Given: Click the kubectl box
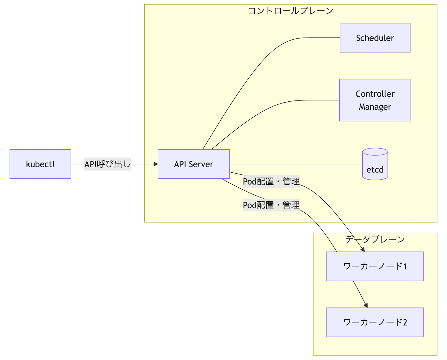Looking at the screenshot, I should pyautogui.click(x=40, y=164).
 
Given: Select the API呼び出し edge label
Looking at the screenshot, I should pyautogui.click(x=108, y=164).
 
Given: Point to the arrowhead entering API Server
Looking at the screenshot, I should pyautogui.click(x=156, y=164).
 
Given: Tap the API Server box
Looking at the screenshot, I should pyautogui.click(x=194, y=164).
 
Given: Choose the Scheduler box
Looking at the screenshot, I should pyautogui.click(x=375, y=38).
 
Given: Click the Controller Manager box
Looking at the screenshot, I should pyautogui.click(x=375, y=100).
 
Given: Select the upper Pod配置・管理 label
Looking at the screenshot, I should pyautogui.click(x=271, y=181).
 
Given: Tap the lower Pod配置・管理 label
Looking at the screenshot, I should pyautogui.click(x=271, y=205).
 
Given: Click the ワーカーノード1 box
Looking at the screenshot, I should pyautogui.click(x=375, y=266).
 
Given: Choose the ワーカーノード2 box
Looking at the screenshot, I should pyautogui.click(x=375, y=322).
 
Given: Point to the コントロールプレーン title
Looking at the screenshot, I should pyautogui.click(x=291, y=11).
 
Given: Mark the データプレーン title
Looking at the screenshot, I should pyautogui.click(x=375, y=240).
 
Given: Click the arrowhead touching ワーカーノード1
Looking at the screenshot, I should pyautogui.click(x=363, y=250).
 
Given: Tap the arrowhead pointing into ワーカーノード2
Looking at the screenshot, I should pyautogui.click(x=366, y=305).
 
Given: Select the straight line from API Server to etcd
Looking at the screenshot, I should pyautogui.click(x=295, y=164).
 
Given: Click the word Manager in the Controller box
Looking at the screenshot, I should pyautogui.click(x=375, y=107).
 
